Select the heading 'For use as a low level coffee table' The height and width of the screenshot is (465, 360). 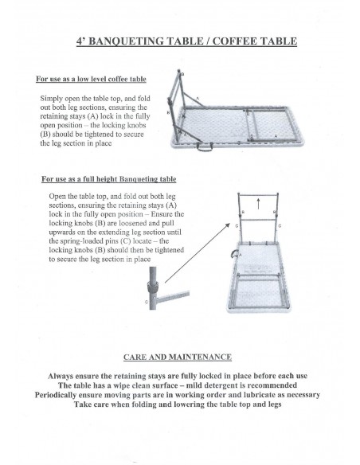coord(91,79)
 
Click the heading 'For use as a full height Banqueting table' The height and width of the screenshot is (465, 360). coord(109,179)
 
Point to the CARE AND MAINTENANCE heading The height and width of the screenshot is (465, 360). coord(178,357)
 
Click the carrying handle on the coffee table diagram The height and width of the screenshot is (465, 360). coord(205,147)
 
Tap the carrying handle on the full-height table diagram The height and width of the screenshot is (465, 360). coord(234,254)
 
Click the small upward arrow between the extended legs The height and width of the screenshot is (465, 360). coord(258,204)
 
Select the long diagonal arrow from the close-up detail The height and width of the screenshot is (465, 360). coord(198,253)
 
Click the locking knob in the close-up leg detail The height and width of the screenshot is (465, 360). coord(152,287)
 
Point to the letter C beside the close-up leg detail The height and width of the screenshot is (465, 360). coord(147,302)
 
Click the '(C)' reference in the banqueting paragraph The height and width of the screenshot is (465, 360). coord(125,240)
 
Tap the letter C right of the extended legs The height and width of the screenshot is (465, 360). coord(280,226)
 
